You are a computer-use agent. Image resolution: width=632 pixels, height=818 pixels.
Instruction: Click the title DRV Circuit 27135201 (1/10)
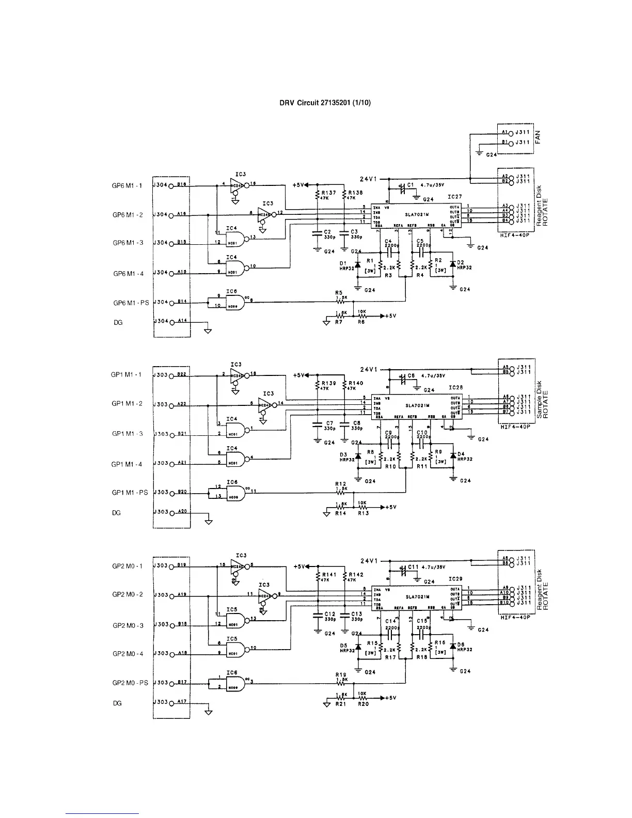325,103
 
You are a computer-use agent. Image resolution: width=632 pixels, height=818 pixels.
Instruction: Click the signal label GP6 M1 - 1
127,185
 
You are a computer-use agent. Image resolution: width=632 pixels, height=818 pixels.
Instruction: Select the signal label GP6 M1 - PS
131,303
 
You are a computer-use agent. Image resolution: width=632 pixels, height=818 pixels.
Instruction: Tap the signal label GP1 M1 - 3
127,434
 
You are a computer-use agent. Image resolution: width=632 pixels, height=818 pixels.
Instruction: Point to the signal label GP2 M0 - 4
127,654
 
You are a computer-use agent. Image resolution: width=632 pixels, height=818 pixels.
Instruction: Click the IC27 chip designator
455,197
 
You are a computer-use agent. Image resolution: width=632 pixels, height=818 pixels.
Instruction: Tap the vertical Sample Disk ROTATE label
542,400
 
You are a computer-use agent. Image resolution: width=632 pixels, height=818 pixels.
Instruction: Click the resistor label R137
329,193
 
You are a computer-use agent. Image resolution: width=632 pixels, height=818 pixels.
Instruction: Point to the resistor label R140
356,384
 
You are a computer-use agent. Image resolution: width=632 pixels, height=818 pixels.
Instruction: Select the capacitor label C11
413,567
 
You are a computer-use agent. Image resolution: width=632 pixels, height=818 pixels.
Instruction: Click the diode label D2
461,263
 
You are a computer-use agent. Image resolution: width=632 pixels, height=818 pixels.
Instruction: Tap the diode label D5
344,645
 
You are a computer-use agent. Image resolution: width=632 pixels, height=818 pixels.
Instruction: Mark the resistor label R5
339,292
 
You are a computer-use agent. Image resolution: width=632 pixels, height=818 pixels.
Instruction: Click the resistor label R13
364,513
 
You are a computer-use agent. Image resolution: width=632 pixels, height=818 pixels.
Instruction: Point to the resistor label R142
356,575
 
